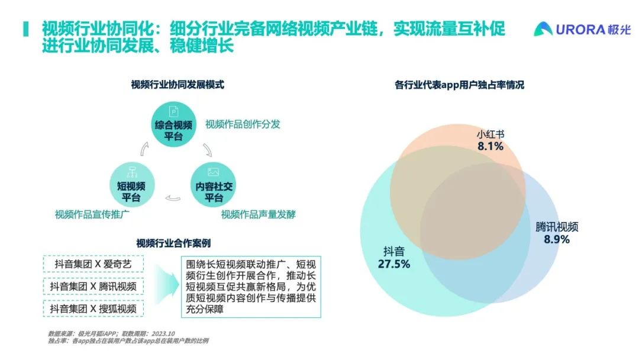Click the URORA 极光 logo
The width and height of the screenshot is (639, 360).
(582, 29)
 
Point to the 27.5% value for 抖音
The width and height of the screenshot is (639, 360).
(393, 264)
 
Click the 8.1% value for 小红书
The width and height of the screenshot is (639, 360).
(490, 146)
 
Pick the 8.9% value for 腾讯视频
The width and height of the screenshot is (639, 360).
(556, 239)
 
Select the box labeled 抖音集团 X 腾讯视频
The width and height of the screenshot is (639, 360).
(93, 287)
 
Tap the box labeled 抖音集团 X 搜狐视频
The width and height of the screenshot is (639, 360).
(93, 308)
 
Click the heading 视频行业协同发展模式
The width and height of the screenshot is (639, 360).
(177, 85)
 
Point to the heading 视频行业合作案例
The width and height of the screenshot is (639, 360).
(173, 243)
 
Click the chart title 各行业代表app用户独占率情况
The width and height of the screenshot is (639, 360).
(459, 85)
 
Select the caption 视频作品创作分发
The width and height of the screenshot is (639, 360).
(243, 124)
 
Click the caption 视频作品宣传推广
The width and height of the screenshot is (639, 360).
(92, 214)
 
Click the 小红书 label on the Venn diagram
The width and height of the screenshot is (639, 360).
(490, 134)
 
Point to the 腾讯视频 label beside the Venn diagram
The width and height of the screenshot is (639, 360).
(556, 227)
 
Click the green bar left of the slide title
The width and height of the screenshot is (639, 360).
(25, 29)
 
